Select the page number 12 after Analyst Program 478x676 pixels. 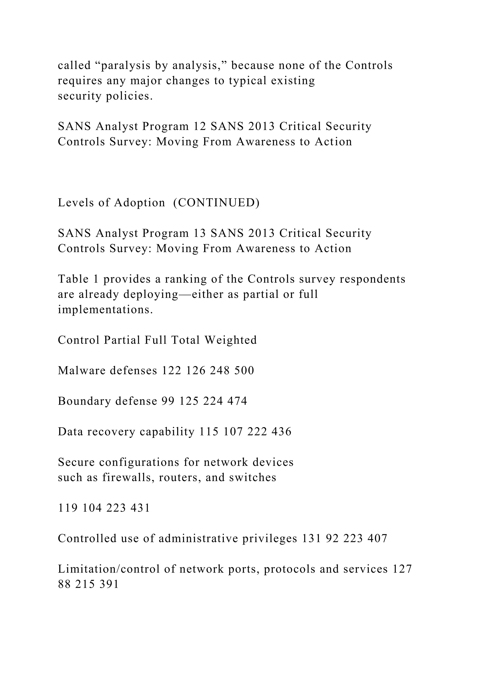pyautogui.click(x=200, y=126)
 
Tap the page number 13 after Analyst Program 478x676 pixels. pyautogui.click(x=200, y=233)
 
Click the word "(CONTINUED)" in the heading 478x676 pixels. pyautogui.click(x=216, y=203)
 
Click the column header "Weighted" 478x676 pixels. pyautogui.click(x=230, y=340)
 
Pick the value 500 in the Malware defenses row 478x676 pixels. pyautogui.click(x=244, y=370)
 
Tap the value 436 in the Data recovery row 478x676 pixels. pyautogui.click(x=281, y=432)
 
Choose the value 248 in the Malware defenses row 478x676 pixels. pyautogui.click(x=220, y=370)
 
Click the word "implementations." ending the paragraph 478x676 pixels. pyautogui.click(x=105, y=310)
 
